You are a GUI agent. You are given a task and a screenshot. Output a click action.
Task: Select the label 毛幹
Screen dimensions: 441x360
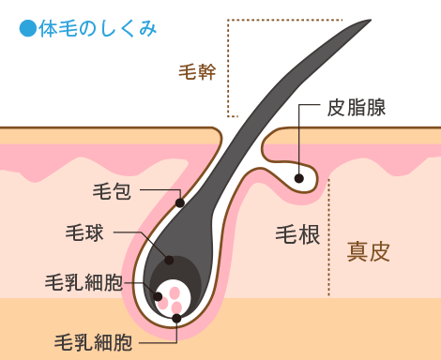tap(196, 71)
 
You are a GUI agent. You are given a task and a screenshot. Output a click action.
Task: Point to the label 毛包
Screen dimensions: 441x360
tap(111, 192)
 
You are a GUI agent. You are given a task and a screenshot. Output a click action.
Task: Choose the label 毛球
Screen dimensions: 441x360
tap(84, 232)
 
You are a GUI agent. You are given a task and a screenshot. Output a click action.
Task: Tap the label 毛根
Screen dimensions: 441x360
tap(298, 233)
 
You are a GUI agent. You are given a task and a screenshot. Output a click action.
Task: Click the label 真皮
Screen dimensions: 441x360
tap(368, 251)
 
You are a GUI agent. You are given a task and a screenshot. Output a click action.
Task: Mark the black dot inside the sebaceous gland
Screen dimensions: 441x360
tap(298, 178)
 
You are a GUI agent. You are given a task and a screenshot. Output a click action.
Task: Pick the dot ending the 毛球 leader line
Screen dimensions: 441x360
tap(169, 261)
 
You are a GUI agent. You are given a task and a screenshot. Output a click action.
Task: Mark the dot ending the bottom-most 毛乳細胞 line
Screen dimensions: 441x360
tap(176, 319)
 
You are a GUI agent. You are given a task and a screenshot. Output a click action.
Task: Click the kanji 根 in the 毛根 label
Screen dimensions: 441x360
tap(311, 233)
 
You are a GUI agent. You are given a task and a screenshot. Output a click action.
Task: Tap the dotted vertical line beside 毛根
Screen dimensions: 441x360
tap(330, 234)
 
